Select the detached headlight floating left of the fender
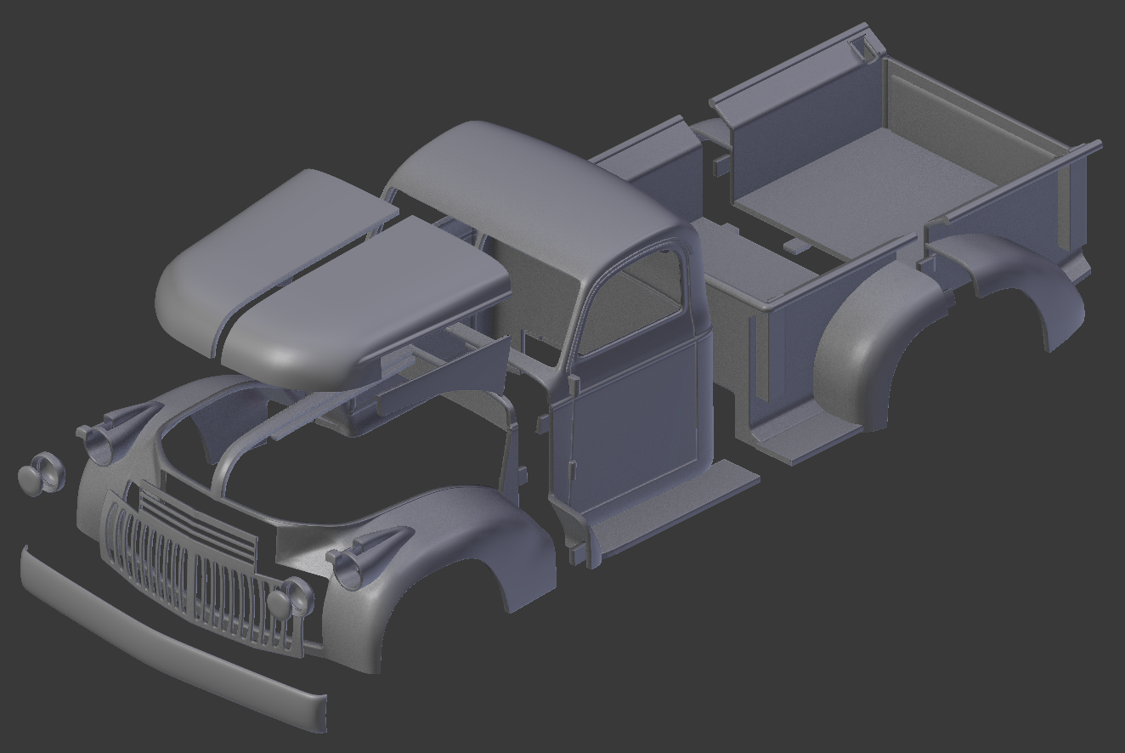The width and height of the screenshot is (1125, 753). click(x=41, y=475)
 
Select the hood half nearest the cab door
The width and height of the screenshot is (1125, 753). click(x=365, y=297)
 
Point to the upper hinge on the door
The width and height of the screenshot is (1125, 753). click(x=574, y=384)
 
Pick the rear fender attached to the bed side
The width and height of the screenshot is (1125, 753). click(x=875, y=340)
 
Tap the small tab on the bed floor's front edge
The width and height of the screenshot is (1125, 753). click(x=796, y=246)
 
